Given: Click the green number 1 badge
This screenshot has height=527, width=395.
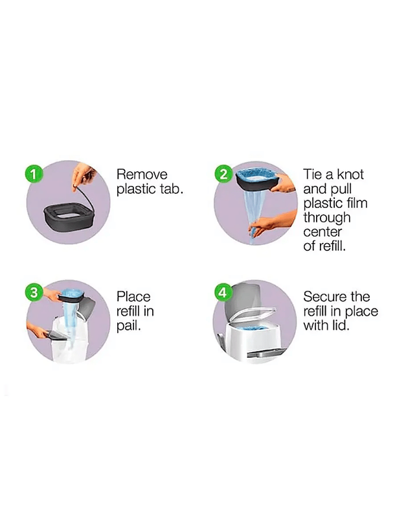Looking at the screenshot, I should tap(34, 174).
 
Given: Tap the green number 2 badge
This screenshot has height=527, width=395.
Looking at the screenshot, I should tap(223, 174).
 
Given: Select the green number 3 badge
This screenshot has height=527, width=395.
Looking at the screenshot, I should tap(34, 292).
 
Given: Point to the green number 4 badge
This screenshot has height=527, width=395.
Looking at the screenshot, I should tap(223, 292).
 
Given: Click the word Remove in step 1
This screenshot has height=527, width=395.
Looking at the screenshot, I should tap(142, 174).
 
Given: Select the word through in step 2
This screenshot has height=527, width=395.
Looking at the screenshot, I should tap(327, 218).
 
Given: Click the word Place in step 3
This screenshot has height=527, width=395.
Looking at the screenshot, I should tap(133, 297).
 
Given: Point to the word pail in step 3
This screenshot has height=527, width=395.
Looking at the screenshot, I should tap(128, 326).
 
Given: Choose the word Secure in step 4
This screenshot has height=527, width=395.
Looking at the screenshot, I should tap(326, 297).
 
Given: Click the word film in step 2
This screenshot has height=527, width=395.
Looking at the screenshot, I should tap(354, 204).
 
